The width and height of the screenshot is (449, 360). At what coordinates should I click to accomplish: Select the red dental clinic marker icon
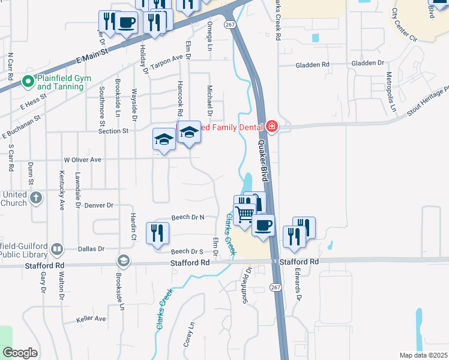point(271,127)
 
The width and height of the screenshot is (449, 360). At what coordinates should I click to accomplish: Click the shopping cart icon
point(244,214)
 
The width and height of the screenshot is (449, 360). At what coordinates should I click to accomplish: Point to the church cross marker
point(36,197)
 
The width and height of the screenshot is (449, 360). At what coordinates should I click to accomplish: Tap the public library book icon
point(57,248)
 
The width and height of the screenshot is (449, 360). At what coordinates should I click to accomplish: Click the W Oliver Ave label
point(83,160)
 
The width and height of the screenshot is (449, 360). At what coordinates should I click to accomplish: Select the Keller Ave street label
point(91,319)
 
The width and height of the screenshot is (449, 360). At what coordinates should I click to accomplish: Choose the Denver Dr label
point(99,205)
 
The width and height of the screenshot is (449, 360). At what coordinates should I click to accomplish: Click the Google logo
point(20,353)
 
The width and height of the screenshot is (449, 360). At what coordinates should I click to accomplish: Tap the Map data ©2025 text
point(423,355)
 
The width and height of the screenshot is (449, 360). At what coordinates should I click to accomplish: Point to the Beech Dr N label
point(188,217)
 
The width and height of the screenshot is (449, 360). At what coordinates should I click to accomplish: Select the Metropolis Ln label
point(390,91)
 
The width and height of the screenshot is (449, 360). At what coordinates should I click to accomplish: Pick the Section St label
point(113,131)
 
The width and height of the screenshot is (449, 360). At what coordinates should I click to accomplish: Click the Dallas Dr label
point(92,248)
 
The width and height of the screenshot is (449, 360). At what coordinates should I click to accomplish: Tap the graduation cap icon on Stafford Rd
point(124,260)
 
